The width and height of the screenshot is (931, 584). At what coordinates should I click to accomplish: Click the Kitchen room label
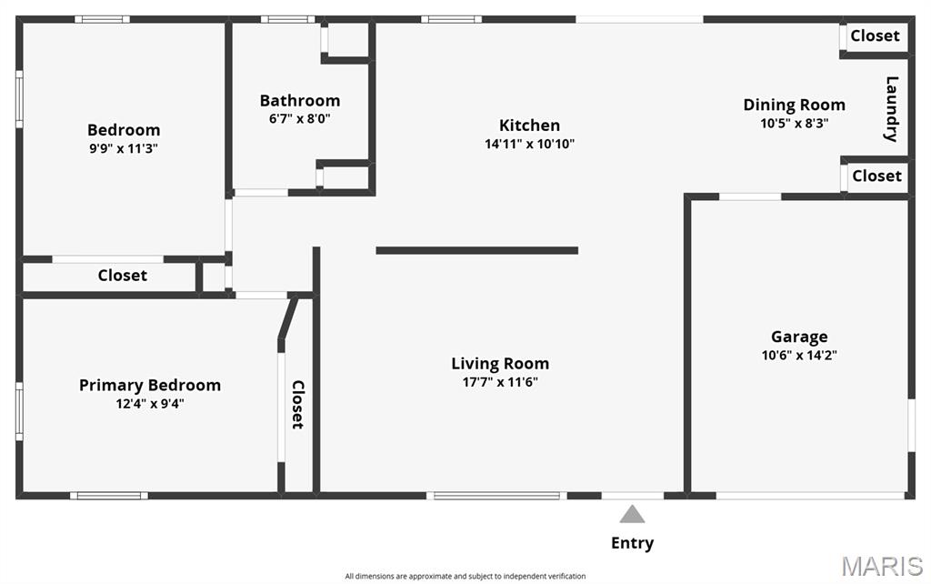point(529,126)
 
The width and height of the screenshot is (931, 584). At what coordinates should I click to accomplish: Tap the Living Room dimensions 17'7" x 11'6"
point(500,382)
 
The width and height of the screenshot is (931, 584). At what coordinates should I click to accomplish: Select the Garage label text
point(799,337)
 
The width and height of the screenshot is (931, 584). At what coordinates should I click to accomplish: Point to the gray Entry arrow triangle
point(633,515)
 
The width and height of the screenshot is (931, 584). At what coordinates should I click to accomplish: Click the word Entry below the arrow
point(633,543)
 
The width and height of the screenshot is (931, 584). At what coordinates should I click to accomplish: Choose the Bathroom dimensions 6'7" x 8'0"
point(299,118)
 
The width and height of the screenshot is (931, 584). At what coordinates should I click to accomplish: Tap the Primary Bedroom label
point(150,386)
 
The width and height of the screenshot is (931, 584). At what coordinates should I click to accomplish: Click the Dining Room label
point(795,106)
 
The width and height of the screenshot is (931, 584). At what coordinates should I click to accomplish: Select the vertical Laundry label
point(891,109)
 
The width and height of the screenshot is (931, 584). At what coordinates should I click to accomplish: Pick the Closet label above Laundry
point(876,35)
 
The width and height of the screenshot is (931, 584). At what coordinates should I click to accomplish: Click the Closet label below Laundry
point(877,176)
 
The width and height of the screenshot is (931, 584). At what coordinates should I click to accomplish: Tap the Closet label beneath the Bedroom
point(123,275)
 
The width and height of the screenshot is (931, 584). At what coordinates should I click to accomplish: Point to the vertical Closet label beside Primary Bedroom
point(297,405)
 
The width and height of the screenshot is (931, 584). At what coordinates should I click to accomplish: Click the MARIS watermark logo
point(882,566)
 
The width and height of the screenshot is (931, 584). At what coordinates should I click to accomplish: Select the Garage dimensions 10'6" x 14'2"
point(799,356)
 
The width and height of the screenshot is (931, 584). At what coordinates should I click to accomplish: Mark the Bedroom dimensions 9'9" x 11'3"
point(124,148)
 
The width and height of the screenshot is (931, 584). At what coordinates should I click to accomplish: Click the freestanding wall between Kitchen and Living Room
point(476,251)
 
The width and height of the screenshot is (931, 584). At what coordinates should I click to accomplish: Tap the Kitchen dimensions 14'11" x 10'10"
point(529,144)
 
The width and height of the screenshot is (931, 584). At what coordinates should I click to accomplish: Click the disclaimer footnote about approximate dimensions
point(465,577)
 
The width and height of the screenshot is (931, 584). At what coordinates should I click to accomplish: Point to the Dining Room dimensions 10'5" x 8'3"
point(795,124)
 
